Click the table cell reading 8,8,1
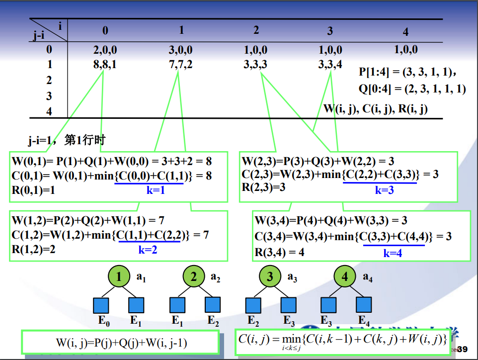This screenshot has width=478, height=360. click(105, 65)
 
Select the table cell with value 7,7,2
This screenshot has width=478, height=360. click(181, 65)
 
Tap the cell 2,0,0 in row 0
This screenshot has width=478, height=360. click(105, 50)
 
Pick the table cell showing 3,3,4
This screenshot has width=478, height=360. click(330, 65)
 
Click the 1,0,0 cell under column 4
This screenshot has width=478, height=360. click(405, 50)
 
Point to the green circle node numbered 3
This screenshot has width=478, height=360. click(269, 277)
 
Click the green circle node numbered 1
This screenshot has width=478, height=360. click(118, 277)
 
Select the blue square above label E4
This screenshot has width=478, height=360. click(363, 305)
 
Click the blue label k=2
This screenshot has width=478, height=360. click(148, 250)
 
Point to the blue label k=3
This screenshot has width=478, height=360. click(384, 190)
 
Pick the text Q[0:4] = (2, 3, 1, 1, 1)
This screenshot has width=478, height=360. click(412, 89)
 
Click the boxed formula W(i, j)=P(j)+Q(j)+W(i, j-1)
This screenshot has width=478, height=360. click(121, 343)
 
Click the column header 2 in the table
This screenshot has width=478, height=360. click(256, 30)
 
